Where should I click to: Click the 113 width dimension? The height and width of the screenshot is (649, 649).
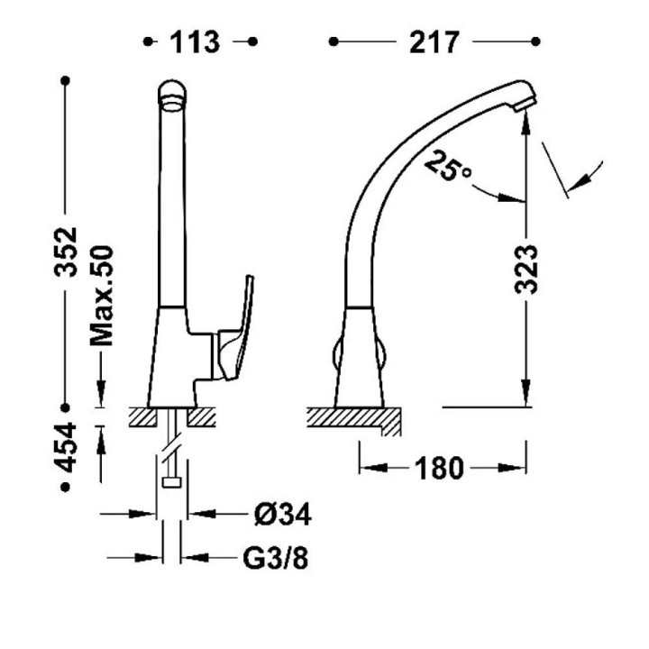[195, 42]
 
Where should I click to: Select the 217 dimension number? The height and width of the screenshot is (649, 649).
[434, 42]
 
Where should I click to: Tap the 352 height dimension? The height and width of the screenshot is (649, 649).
[66, 251]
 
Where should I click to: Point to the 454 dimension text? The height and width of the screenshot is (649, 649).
[66, 447]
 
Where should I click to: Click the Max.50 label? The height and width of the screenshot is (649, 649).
[102, 296]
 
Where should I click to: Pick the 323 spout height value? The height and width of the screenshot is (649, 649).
[526, 269]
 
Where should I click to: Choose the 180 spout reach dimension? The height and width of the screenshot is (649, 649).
[439, 469]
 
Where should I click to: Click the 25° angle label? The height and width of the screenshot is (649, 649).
[446, 166]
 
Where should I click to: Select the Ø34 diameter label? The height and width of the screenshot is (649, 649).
[283, 515]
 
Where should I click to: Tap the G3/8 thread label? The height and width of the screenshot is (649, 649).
[275, 558]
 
